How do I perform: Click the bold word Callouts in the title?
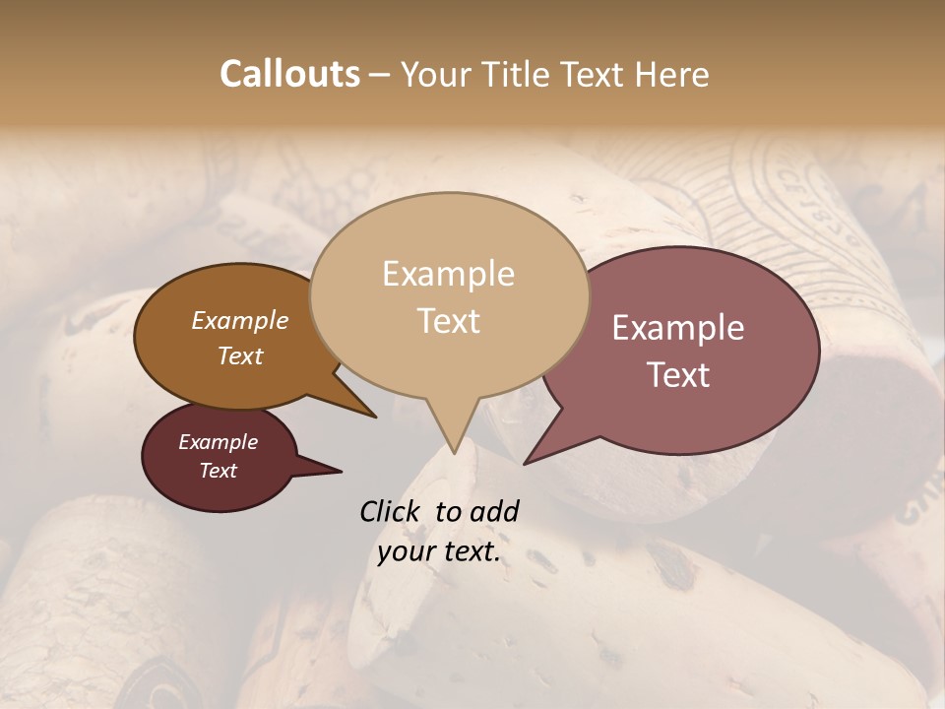pyautogui.click(x=289, y=74)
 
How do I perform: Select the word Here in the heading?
pyautogui.click(x=672, y=74)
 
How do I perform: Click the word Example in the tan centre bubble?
pyautogui.click(x=448, y=274)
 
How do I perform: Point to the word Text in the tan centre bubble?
pyautogui.click(x=448, y=321)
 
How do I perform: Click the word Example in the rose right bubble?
pyautogui.click(x=678, y=328)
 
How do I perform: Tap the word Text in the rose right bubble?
pyautogui.click(x=678, y=375)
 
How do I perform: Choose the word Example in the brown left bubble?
pyautogui.click(x=240, y=320)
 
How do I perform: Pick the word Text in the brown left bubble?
pyautogui.click(x=240, y=355)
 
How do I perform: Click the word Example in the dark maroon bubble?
pyautogui.click(x=219, y=442)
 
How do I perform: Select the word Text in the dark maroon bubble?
pyautogui.click(x=219, y=471)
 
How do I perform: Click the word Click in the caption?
pyautogui.click(x=391, y=511)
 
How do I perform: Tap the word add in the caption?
pyautogui.click(x=494, y=511)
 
